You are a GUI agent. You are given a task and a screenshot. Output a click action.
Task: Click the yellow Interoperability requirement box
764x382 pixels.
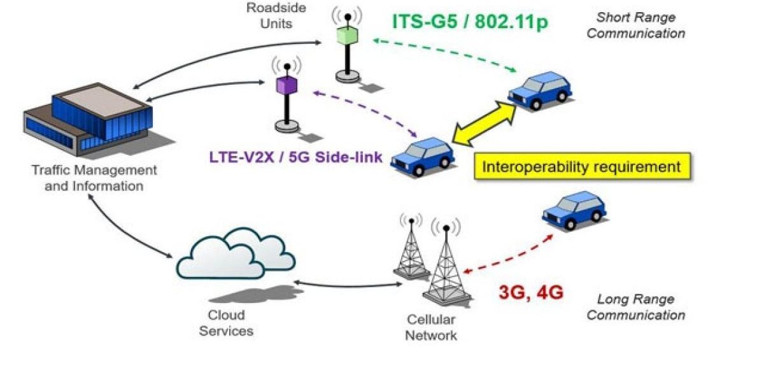pyautogui.click(x=582, y=167)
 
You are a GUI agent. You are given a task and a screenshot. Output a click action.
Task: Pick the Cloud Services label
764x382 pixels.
pyautogui.click(x=226, y=323)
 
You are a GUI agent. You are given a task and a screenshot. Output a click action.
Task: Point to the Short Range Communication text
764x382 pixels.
pyautogui.click(x=635, y=25)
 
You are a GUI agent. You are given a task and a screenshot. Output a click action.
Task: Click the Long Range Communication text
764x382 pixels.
pyautogui.click(x=635, y=307)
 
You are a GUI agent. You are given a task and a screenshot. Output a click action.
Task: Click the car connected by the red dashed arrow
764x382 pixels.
pyautogui.click(x=574, y=211)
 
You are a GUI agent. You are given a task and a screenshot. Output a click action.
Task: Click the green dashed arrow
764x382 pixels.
pyautogui.click(x=446, y=54)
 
